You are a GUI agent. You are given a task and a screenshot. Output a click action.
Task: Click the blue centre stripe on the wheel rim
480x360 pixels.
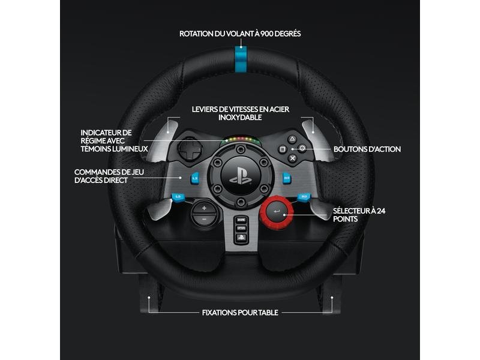click(x=241, y=59)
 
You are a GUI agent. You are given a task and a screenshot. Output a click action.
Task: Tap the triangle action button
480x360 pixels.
click(x=292, y=139)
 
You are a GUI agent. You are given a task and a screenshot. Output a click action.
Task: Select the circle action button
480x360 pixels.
click(x=302, y=148)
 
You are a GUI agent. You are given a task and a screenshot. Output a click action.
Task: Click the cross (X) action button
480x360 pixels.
click(x=293, y=158)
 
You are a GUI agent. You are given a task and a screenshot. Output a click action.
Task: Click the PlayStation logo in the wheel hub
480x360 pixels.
click(x=241, y=177)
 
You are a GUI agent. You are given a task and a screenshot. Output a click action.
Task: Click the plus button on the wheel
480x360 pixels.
click(x=204, y=208)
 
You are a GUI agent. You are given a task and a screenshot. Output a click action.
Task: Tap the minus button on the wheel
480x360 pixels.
click(x=204, y=219)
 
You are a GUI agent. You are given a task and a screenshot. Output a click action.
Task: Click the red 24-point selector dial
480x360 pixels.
click(x=277, y=211)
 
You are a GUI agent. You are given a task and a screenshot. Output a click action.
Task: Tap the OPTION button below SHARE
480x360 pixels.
click(x=241, y=229)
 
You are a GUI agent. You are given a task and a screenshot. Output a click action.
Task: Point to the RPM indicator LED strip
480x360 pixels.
click(x=242, y=140)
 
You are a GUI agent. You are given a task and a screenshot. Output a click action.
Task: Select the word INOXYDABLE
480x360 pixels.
click(x=241, y=118)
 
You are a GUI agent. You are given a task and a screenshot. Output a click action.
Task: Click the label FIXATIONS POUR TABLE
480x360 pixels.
click(x=241, y=313)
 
